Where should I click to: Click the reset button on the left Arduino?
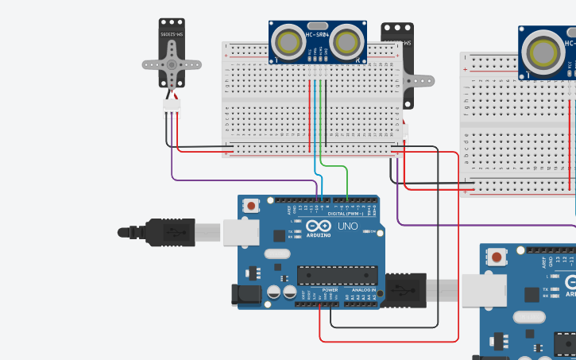[252, 206]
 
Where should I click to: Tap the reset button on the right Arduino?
[497, 257]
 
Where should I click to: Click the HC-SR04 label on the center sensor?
[318, 34]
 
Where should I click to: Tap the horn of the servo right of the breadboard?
[421, 80]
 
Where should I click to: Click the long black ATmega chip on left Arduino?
[335, 276]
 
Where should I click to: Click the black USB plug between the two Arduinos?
[406, 290]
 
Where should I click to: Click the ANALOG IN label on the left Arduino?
[359, 290]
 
